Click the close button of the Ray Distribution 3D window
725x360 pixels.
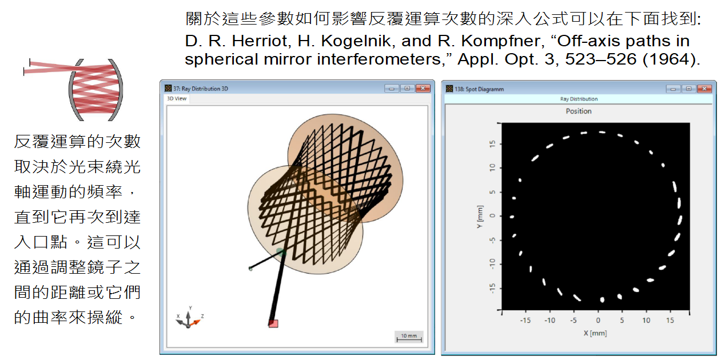point(423,89)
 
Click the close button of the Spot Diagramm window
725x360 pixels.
point(704,89)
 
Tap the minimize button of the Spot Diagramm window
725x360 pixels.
point(673,89)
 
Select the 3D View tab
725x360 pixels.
point(177,99)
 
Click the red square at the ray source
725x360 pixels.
point(273,323)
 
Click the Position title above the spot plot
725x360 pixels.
point(579,111)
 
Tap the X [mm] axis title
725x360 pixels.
point(595,333)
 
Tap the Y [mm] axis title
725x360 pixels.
point(480,217)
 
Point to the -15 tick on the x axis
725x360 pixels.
point(525,321)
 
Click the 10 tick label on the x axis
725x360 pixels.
point(646,321)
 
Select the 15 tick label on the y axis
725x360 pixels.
point(492,144)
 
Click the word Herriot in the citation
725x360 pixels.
point(260,41)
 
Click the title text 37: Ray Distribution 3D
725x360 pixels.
point(201,89)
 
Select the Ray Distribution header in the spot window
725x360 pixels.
point(579,99)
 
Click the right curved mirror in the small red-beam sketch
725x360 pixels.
point(117,90)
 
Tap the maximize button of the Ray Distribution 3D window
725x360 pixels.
point(407,89)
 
